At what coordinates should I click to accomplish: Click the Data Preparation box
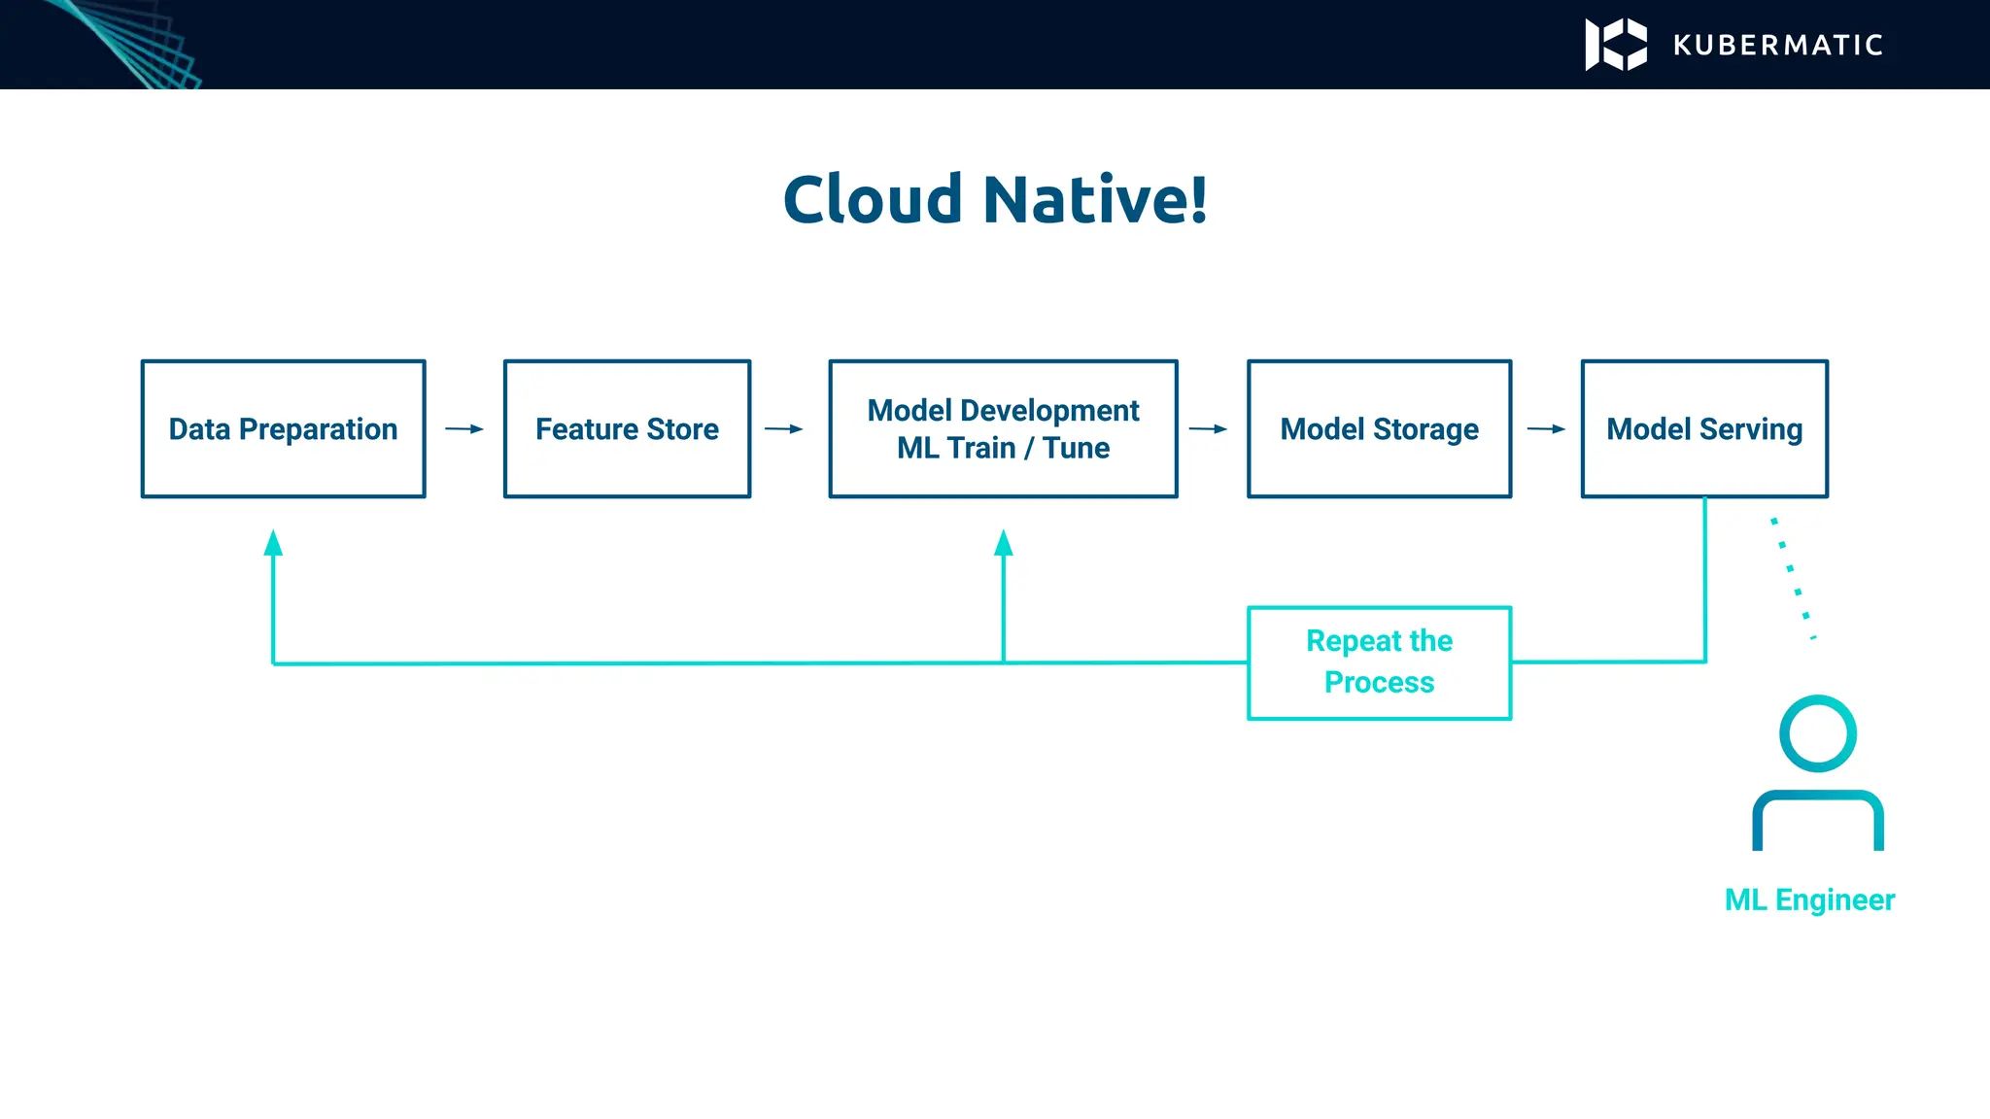pos(283,428)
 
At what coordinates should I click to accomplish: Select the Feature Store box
pos(627,428)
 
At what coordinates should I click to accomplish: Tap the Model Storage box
pos(1379,428)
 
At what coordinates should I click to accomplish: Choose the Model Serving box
pos(1704,428)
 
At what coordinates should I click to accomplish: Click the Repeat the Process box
pos(1379,662)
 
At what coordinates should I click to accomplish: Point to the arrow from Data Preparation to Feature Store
pos(464,428)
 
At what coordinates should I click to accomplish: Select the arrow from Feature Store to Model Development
pos(784,428)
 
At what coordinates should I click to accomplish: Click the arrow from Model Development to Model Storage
pos(1208,428)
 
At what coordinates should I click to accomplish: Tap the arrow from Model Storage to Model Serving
pos(1546,428)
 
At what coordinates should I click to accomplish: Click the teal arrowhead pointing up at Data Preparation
pos(273,543)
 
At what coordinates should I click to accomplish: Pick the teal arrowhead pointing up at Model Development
pos(1004,543)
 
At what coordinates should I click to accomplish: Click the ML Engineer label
pos(1809,899)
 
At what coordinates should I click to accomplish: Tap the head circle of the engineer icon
pos(1817,733)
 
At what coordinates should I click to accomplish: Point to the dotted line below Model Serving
pos(1793,577)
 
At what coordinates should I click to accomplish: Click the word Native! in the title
pos(1095,199)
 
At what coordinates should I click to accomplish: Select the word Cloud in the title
pos(873,199)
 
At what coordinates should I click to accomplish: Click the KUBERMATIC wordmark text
pos(1778,45)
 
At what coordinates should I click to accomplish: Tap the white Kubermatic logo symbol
pos(1616,45)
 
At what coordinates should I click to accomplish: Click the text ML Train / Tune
pos(1003,448)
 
